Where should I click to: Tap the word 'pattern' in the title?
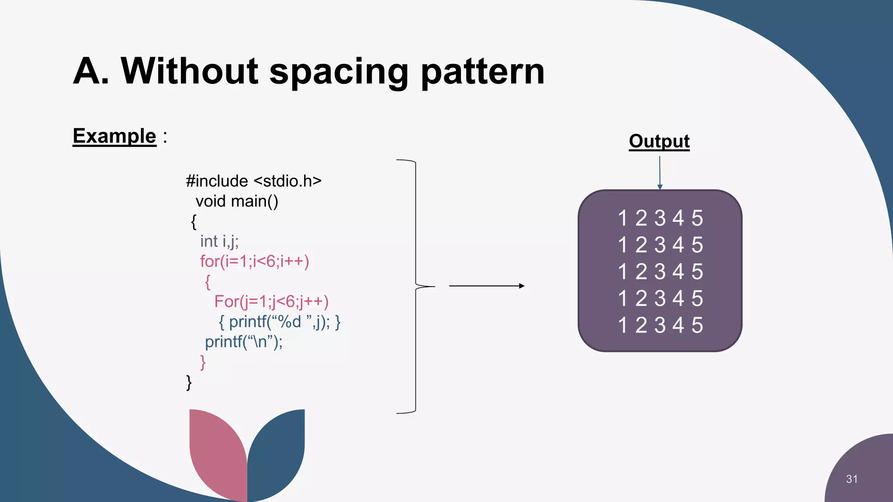[483, 72]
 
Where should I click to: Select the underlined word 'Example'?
[114, 136]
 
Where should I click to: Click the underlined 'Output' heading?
[659, 141]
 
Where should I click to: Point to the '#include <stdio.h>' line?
[253, 181]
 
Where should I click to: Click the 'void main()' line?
[237, 201]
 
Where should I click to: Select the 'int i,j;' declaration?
[219, 241]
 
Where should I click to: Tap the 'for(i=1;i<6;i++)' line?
[255, 261]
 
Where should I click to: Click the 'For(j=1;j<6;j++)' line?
[271, 302]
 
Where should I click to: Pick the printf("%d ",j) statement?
[279, 322]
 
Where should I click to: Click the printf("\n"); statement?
[244, 342]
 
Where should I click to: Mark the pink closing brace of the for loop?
[203, 362]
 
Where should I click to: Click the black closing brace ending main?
[189, 382]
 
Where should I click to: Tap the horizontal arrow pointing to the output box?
[486, 286]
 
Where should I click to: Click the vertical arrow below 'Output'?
[660, 173]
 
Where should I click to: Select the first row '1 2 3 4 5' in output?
[660, 218]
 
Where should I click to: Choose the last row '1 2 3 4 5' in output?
[660, 326]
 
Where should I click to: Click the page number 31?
[852, 479]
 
